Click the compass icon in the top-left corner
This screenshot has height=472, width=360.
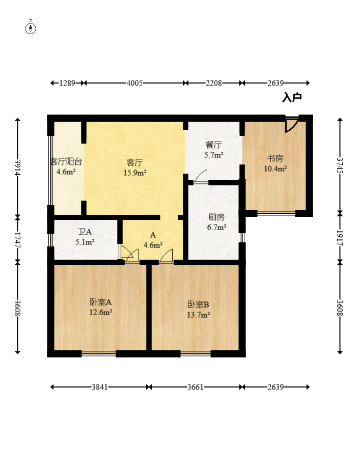click(31, 27)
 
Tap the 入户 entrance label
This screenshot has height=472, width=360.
click(292, 97)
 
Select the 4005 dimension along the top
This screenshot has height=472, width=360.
click(134, 83)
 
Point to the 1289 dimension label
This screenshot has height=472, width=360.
click(67, 83)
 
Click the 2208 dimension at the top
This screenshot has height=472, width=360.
click(214, 83)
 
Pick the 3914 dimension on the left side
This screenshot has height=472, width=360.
click(18, 166)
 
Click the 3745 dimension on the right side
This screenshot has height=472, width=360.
click(340, 165)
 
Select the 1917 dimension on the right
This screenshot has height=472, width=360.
click(340, 238)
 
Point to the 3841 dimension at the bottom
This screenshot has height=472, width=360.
click(100, 387)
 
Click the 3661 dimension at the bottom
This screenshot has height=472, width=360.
click(196, 387)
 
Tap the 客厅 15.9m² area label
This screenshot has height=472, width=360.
click(135, 168)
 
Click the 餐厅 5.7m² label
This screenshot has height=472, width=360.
click(214, 150)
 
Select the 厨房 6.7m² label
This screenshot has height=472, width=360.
click(216, 222)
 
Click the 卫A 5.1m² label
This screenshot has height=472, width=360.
click(85, 237)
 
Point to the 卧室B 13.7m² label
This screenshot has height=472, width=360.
click(199, 310)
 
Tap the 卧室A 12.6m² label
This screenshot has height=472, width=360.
click(101, 307)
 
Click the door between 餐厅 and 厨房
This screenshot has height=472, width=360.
click(201, 176)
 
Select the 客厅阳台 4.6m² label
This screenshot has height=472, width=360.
click(66, 166)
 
